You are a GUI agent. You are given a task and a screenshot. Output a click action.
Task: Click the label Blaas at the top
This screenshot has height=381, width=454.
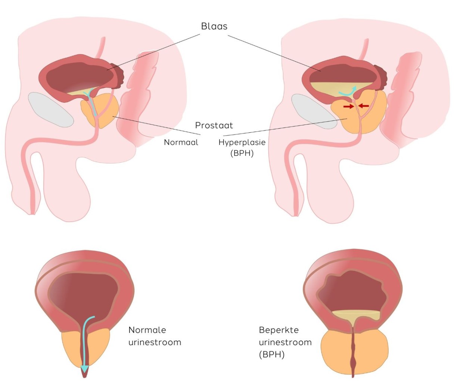click(x=214, y=26)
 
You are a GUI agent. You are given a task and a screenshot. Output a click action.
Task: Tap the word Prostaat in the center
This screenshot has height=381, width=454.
click(x=214, y=125)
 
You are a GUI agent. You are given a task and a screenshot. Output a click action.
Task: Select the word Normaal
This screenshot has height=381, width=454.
click(x=181, y=142)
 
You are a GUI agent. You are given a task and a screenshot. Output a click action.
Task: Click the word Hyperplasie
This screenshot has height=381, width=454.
click(x=242, y=142)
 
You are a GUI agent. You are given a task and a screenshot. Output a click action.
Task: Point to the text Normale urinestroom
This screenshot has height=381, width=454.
click(x=155, y=336)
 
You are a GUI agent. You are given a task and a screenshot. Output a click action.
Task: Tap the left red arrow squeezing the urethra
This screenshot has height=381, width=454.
click(x=349, y=107)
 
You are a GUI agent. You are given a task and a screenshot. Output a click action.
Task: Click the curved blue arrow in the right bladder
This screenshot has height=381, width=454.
click(x=347, y=91)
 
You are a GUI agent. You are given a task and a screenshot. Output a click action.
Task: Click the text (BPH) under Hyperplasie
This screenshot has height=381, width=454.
click(x=242, y=153)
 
